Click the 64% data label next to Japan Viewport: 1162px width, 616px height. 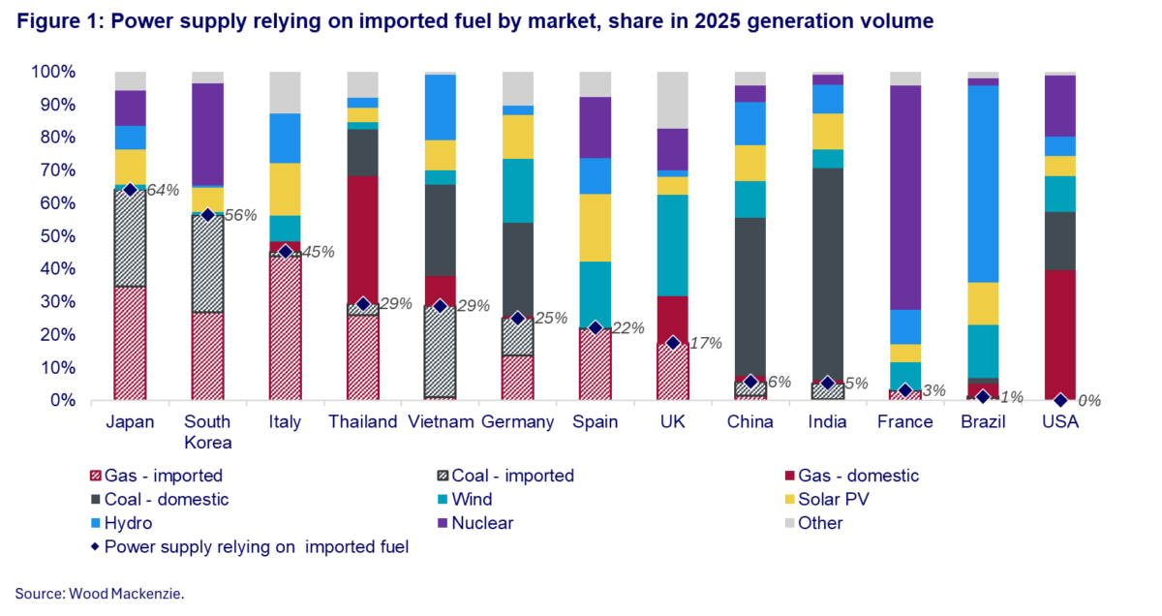pos(164,191)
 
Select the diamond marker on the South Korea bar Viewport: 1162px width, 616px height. pos(207,215)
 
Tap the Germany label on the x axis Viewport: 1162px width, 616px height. pos(517,422)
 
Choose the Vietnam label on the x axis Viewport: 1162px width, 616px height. pos(440,422)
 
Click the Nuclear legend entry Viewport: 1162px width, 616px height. pos(482,523)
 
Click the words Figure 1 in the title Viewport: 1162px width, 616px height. pos(59,21)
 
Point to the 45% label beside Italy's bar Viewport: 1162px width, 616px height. pos(318,252)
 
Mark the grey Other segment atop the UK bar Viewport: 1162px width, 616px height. pos(672,100)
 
